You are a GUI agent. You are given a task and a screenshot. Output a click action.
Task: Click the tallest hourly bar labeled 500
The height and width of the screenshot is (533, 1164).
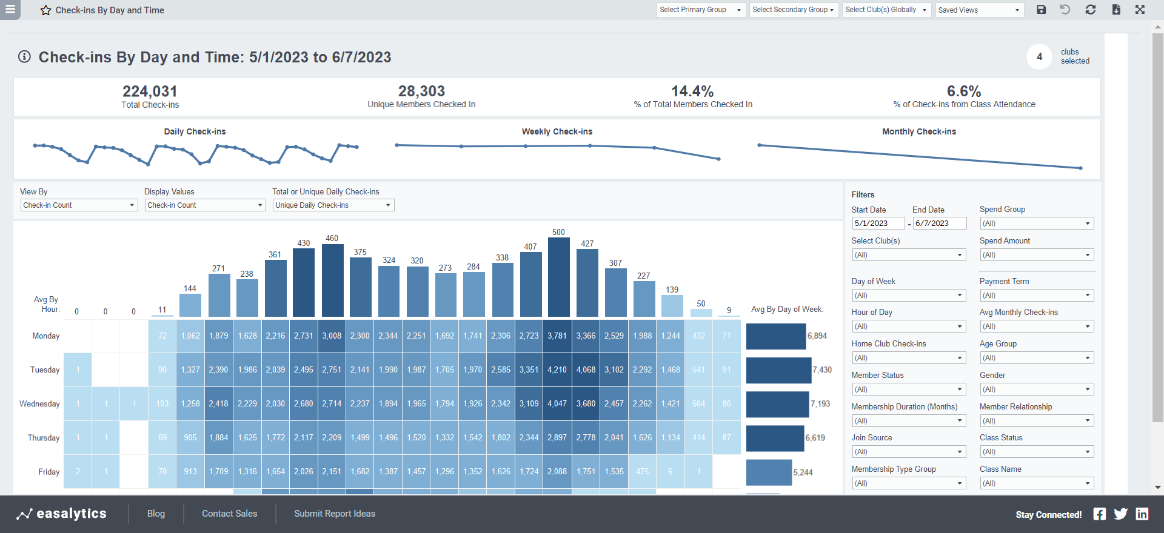coord(558,277)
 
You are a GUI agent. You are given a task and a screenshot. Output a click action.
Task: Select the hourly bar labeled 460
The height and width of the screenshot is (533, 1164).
coord(332,280)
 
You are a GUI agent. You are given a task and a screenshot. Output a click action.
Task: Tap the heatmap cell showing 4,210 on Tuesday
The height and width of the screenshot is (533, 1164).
coord(557,369)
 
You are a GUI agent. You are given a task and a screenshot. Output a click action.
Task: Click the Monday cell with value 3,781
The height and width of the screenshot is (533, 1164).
coord(557,336)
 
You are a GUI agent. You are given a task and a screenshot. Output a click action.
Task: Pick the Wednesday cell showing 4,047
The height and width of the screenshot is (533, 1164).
coord(557,403)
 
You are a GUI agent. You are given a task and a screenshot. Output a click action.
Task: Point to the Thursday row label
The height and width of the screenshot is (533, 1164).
coord(44,438)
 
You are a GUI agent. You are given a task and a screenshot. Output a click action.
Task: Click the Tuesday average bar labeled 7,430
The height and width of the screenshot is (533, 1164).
coord(778,370)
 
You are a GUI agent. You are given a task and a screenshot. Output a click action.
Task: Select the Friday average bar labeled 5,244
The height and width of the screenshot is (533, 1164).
coord(769,472)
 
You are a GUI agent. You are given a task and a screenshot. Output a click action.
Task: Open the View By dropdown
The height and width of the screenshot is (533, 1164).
coord(79,205)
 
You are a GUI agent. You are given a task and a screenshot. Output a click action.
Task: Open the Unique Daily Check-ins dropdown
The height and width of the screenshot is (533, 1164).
coord(333,205)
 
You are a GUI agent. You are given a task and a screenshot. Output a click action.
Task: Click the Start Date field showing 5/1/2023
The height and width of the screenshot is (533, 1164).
coord(877,223)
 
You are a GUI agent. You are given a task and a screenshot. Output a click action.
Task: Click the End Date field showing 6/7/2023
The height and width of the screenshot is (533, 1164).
coord(939,223)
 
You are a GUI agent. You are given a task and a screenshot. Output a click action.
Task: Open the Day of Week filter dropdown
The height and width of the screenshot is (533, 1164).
coord(908,296)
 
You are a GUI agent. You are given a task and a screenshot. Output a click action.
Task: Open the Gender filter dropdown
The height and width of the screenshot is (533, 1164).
coord(1036,389)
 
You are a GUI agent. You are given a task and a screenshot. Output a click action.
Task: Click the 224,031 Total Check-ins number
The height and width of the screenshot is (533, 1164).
coord(150,91)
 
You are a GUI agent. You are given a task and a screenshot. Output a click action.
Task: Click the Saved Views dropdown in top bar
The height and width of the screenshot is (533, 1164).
coord(978,10)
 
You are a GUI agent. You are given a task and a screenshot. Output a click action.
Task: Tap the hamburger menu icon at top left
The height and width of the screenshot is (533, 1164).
coord(10,9)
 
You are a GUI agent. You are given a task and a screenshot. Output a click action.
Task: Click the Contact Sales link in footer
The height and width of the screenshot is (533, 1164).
coord(229,514)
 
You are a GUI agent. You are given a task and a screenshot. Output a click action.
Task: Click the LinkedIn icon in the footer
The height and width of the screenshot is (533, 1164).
coord(1142,514)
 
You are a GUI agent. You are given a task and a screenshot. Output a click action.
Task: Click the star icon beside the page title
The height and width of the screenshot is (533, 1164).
coord(45,10)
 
